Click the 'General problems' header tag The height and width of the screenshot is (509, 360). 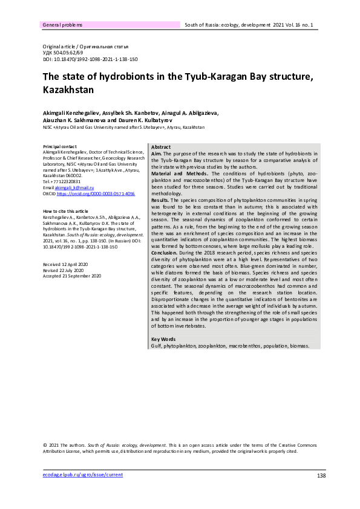coord(63,25)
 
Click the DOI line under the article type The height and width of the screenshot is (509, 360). coord(90,60)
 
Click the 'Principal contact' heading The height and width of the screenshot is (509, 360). coord(60,147)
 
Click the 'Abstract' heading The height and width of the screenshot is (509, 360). coord(161,148)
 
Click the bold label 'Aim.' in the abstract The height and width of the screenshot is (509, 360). coord(155,154)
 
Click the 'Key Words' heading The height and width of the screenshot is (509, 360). coord(163,339)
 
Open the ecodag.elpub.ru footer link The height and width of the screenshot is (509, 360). coord(82,475)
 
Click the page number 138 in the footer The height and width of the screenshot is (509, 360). coord(321,476)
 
